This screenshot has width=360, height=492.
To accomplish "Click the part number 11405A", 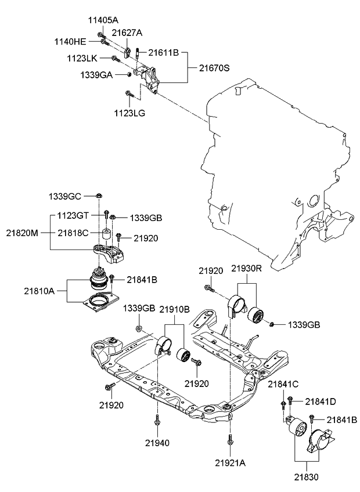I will (x=102, y=19).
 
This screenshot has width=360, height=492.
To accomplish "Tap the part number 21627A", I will (x=127, y=33).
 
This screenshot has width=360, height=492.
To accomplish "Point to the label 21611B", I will (x=163, y=53).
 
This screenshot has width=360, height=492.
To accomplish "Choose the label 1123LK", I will (x=84, y=58).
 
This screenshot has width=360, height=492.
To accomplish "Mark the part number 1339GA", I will (x=96, y=75).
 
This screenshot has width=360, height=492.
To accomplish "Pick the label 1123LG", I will (x=130, y=113).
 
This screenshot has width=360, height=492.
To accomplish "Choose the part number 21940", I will (x=157, y=443).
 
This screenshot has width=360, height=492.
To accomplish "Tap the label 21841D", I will (x=321, y=401).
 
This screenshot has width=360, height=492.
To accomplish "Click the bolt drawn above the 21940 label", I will (x=157, y=420).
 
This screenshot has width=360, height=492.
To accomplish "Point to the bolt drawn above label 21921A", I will (x=231, y=440).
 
